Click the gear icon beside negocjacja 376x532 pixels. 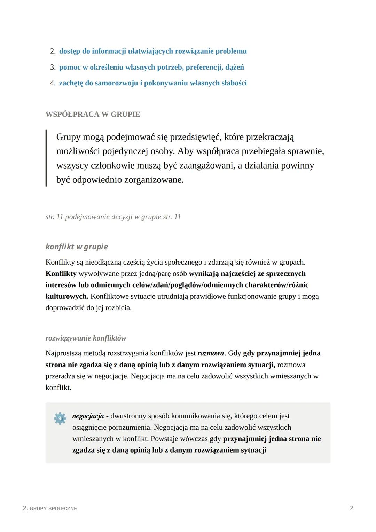60,418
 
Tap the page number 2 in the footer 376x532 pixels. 352,508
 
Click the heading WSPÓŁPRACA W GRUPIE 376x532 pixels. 93,114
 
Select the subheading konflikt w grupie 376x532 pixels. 77,247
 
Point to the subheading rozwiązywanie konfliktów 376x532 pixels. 86,338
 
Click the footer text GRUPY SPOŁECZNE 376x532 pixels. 53,508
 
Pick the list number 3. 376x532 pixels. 53,67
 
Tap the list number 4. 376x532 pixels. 53,83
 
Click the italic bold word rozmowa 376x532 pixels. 211,353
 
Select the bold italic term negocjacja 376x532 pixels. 88,416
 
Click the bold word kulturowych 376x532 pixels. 66,296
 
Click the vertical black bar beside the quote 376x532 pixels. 46,158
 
